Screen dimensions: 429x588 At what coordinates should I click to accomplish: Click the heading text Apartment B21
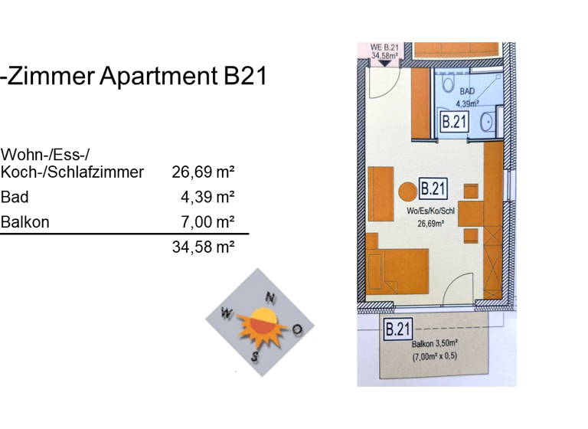(x=134, y=77)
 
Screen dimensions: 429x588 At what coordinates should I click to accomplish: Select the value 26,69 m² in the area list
(x=203, y=172)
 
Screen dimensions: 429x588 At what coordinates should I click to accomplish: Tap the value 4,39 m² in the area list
(x=207, y=198)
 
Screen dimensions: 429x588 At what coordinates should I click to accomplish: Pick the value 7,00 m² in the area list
(x=207, y=223)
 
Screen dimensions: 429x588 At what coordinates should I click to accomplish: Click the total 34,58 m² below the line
(x=203, y=247)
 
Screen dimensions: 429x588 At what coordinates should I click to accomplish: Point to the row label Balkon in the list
(x=25, y=223)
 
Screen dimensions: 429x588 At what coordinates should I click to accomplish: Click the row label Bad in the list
(x=15, y=198)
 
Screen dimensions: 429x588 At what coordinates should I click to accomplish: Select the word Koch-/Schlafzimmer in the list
(x=73, y=172)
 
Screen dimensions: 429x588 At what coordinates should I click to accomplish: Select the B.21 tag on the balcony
(x=397, y=330)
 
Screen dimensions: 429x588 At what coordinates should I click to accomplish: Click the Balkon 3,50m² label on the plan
(x=434, y=345)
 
